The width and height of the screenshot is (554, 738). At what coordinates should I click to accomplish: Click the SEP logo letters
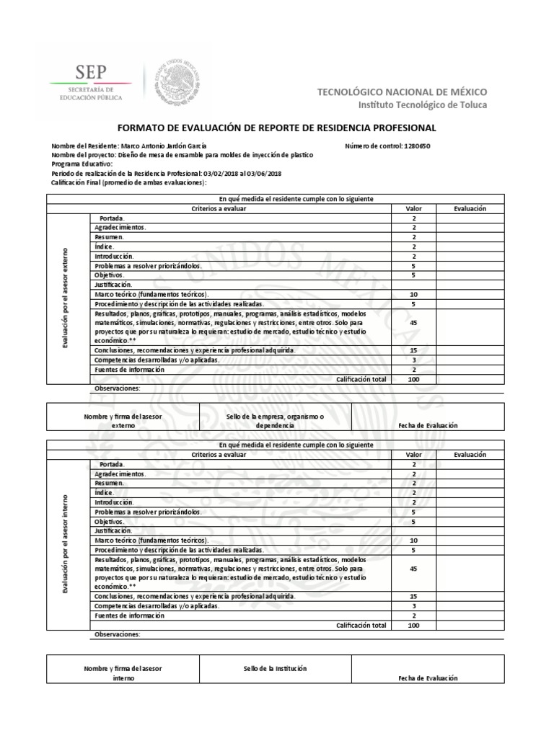click(x=90, y=71)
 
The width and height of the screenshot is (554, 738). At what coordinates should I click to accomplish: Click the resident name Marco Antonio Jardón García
click(x=163, y=145)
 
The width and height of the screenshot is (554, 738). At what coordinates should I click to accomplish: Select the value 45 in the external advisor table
click(x=413, y=323)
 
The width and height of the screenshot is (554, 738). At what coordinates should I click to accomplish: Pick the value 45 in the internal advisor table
click(x=413, y=569)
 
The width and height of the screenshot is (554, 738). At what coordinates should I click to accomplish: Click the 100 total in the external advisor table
click(x=413, y=378)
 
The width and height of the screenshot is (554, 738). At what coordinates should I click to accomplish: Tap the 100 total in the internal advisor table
click(x=413, y=626)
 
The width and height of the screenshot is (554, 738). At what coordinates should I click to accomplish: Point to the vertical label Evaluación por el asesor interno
click(x=64, y=544)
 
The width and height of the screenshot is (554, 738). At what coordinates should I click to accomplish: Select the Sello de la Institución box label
click(x=275, y=668)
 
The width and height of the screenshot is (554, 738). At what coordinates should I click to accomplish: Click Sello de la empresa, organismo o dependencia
click(x=275, y=422)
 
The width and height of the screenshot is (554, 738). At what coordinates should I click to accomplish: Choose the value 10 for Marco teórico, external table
click(x=413, y=295)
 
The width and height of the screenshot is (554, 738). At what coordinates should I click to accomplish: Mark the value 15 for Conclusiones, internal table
click(x=413, y=597)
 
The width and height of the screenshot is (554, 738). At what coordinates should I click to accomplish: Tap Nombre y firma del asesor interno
click(x=123, y=673)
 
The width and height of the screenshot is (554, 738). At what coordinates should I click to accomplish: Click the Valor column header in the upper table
click(x=413, y=208)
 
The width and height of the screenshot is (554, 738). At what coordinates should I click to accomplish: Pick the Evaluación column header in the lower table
click(x=470, y=455)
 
